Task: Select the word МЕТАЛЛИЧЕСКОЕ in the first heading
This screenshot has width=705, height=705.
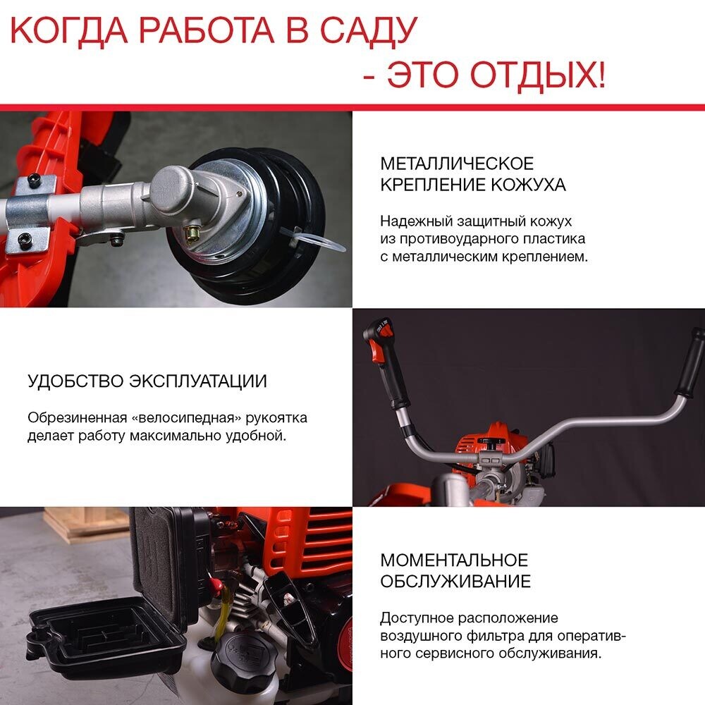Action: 457,164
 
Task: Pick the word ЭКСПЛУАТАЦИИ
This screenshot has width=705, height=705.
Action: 199,382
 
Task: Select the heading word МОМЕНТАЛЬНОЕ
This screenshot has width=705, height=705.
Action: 454,560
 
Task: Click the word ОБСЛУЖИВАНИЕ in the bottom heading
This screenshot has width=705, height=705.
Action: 455,582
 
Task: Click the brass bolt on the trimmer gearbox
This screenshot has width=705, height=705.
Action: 192,231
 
